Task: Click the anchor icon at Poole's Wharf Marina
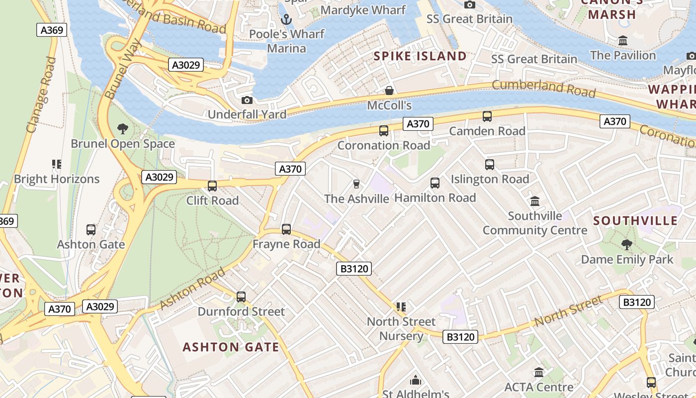coord(286,19)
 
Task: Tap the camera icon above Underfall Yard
coord(247,100)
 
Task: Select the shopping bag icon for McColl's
coord(389,91)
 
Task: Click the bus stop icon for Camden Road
coord(487,116)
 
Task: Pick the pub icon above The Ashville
coord(356,184)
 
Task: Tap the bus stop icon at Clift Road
coord(212,186)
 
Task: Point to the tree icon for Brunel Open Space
coord(122,129)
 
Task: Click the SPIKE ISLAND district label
coord(420,56)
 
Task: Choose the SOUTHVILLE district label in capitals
coord(635,221)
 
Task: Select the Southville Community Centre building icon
coord(535,201)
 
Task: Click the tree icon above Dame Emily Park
coord(626,245)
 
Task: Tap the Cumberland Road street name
coord(543,88)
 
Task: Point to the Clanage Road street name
coord(42,95)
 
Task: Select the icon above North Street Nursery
coord(401,307)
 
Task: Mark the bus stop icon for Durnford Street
coord(241,297)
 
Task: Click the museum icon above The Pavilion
coord(622,40)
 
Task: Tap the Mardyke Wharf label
coord(363,10)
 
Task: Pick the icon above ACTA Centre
coord(539,372)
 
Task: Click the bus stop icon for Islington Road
coord(490,165)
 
